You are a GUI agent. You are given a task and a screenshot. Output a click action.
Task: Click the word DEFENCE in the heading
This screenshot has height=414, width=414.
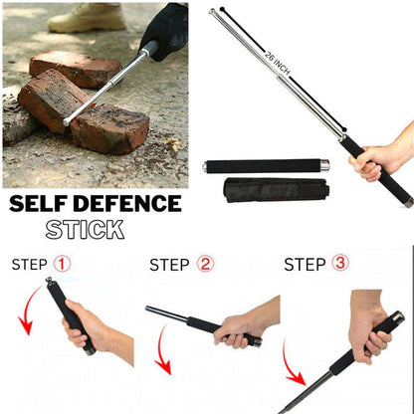pos(132,205)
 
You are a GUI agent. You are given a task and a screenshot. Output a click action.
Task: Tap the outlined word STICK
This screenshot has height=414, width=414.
pos(85,230)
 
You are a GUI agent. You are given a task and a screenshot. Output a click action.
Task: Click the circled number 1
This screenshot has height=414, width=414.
pos(62,265)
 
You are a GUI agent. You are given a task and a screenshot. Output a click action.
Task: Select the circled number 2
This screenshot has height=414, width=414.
pos(205,265)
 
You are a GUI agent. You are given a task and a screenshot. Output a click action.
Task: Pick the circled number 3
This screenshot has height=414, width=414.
pos(340,265)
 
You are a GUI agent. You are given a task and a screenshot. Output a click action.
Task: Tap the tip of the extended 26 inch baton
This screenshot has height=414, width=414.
pos(213,13)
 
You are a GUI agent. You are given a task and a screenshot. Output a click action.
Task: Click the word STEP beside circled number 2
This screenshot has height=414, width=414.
pos(170,265)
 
